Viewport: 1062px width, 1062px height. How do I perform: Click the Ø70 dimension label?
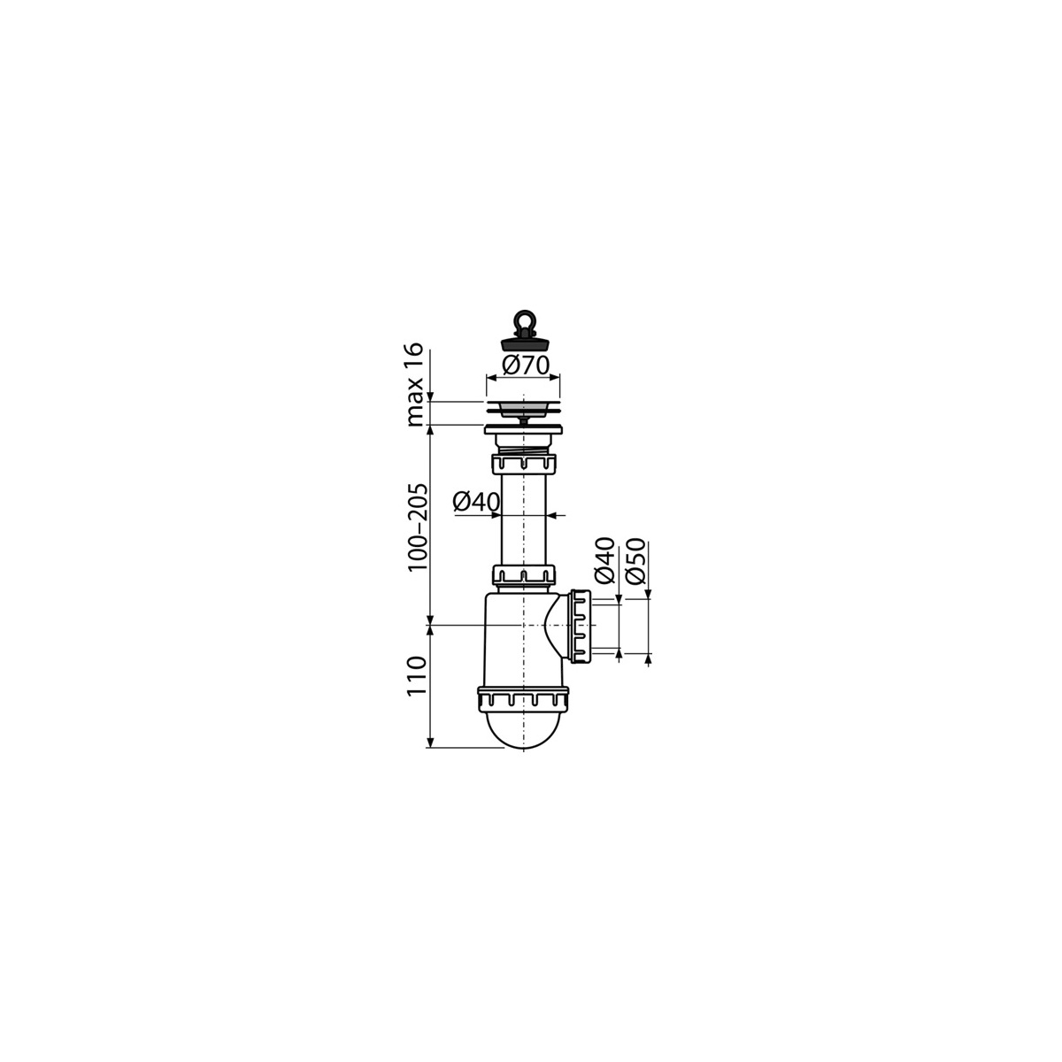click(526, 366)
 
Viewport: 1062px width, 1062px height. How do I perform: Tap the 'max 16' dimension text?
click(416, 385)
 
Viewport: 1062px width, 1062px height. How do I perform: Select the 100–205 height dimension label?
click(417, 527)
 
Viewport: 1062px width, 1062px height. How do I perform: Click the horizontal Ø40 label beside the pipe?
click(476, 502)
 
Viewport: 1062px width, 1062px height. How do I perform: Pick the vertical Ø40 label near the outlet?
click(604, 559)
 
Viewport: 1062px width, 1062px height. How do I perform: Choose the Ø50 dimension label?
click(636, 559)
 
